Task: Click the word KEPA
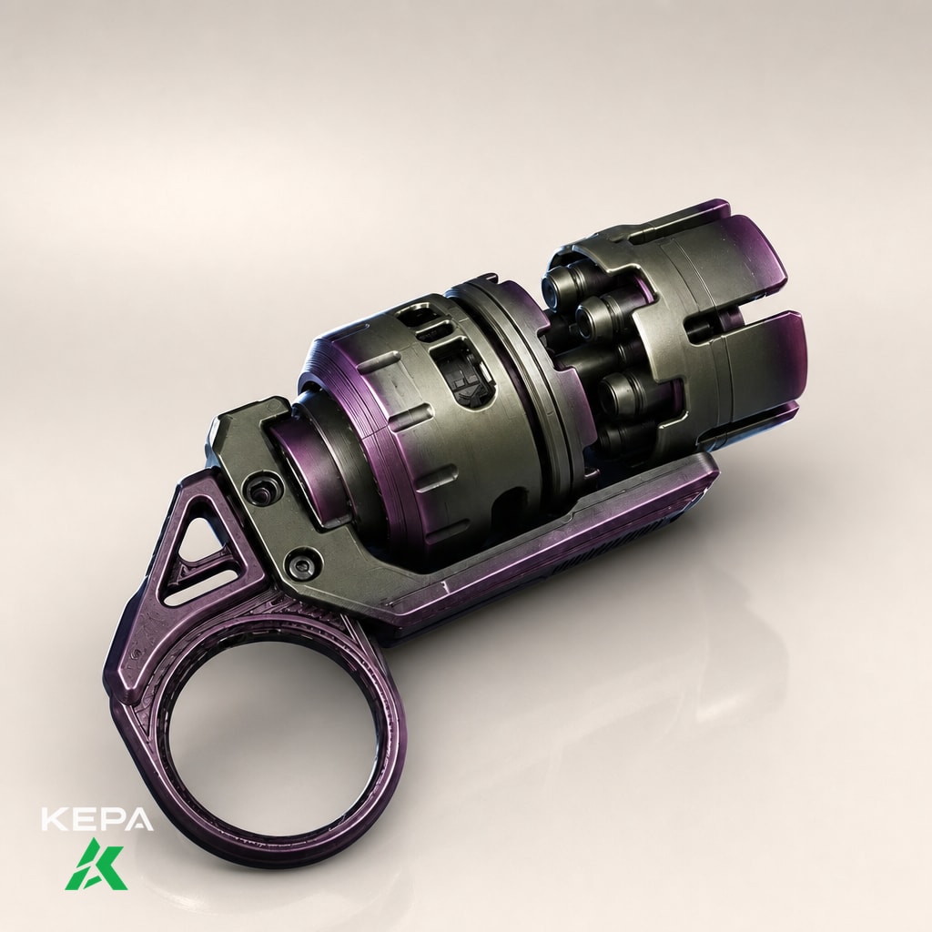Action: pos(97,818)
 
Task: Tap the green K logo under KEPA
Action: pos(96,865)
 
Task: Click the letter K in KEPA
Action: pos(54,818)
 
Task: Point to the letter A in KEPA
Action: pos(139,818)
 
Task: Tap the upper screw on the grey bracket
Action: pos(259,491)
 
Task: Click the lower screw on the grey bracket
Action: pos(303,564)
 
